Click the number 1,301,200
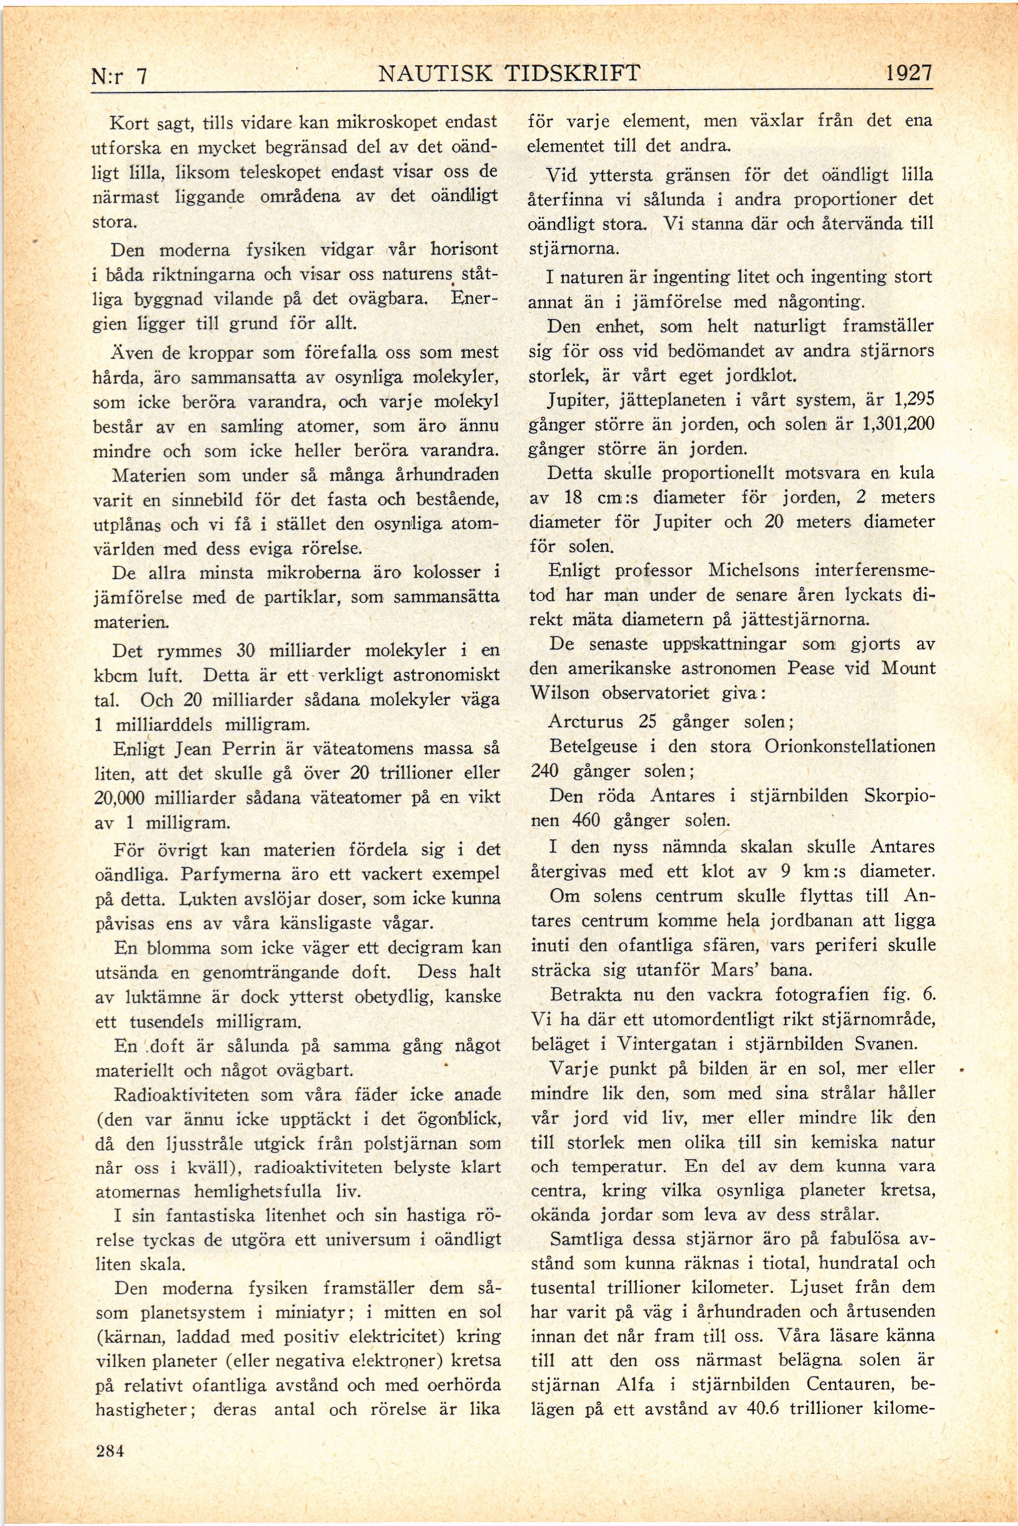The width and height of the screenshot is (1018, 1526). click(x=898, y=424)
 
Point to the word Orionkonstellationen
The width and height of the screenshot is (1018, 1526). click(x=850, y=746)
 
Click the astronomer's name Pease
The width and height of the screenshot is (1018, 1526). click(x=810, y=668)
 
